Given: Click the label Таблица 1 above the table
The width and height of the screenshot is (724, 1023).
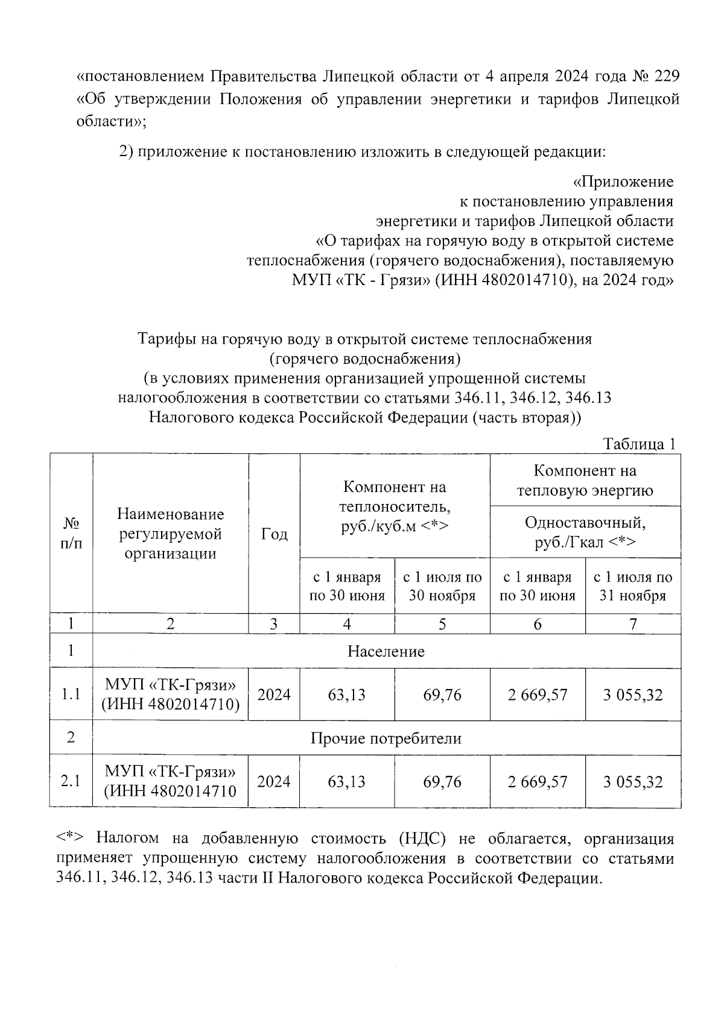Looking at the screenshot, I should point(640,444).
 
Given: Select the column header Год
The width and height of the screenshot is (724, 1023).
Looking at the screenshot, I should point(274,534).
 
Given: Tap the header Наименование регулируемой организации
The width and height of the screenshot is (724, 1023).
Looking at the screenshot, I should point(170,534).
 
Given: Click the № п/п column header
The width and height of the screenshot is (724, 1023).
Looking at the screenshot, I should point(71,534).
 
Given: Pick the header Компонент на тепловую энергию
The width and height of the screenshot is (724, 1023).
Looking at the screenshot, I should point(585,480).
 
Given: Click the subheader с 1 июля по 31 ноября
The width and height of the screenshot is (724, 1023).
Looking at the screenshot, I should point(632,586).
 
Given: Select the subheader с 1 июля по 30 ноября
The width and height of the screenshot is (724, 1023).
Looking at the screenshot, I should point(442,586).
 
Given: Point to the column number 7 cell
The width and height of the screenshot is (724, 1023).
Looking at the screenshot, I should point(632,624).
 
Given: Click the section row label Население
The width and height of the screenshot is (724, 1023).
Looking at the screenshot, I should point(386,652).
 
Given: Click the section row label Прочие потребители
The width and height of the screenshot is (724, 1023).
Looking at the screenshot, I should point(386,738).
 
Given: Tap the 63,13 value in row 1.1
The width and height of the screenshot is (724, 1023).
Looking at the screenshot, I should point(347,695).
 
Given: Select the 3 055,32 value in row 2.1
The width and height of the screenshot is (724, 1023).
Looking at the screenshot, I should point(632,782).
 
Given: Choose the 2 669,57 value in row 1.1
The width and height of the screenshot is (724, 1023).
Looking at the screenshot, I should point(537,695).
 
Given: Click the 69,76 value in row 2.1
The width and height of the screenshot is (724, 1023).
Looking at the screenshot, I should point(442,782).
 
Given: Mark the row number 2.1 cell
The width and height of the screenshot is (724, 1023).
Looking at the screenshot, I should point(71,782).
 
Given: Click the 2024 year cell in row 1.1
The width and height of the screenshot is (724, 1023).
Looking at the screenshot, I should point(274,695).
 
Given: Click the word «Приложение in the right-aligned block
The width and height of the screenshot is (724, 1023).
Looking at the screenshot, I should point(623,181).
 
